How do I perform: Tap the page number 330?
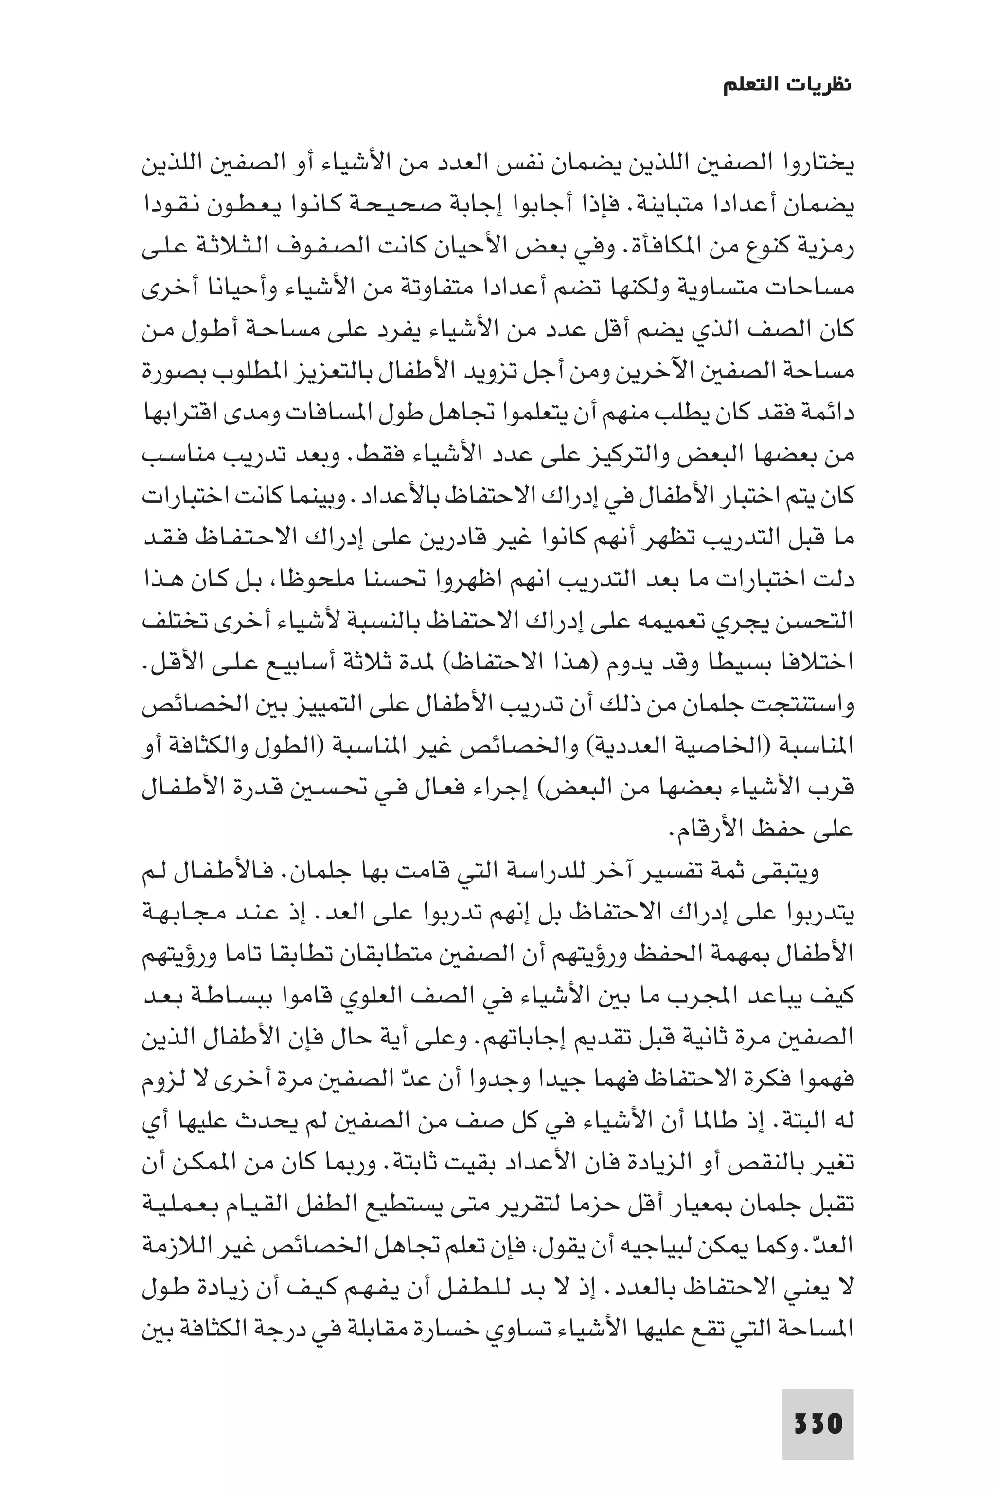[x=818, y=1405]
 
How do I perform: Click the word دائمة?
[x=829, y=413]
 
